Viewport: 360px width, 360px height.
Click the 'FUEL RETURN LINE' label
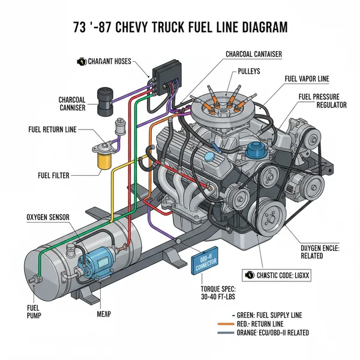[x=53, y=129]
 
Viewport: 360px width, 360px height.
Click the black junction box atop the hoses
[x=164, y=76]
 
